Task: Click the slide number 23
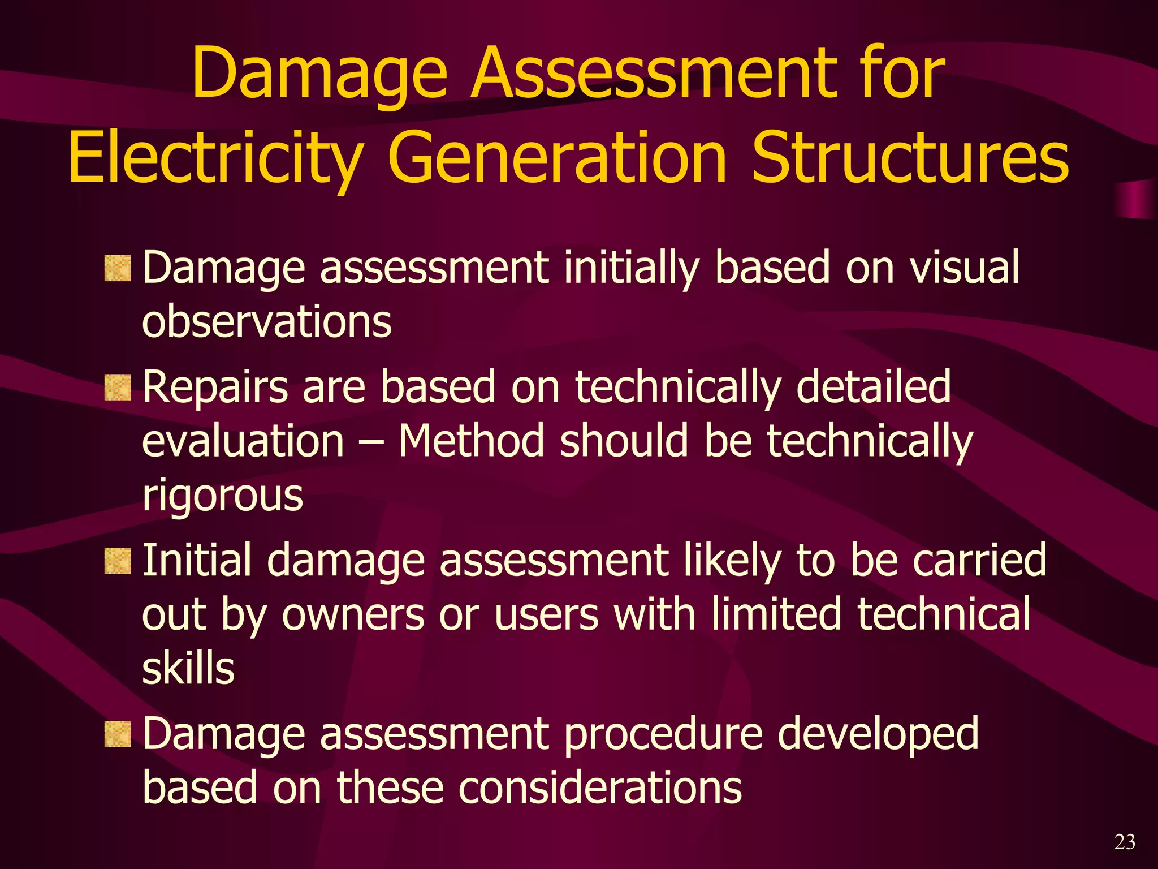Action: click(1125, 842)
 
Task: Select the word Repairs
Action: click(215, 388)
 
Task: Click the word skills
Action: click(188, 668)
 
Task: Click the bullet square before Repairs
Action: click(118, 388)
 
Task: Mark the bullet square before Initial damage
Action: click(118, 561)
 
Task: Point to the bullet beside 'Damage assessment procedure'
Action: click(118, 734)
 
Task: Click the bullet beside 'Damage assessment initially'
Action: click(118, 268)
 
